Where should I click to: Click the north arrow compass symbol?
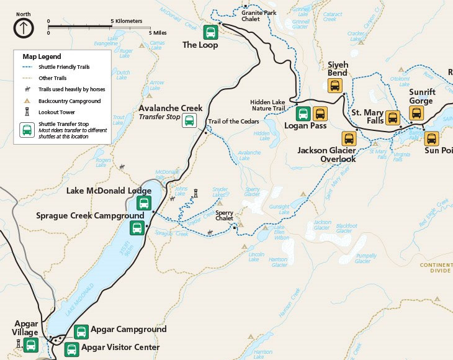(x=24, y=27)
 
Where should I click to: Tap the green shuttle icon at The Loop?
(x=210, y=32)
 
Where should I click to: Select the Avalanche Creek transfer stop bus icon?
(x=189, y=120)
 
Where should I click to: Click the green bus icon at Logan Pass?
(x=303, y=114)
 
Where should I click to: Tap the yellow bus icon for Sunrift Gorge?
(x=416, y=113)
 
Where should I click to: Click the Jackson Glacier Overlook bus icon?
(x=349, y=138)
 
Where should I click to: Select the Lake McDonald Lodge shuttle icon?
(x=143, y=203)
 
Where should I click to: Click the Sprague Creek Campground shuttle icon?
(x=137, y=227)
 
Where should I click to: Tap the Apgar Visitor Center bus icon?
(x=71, y=349)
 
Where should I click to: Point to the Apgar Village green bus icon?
(x=30, y=345)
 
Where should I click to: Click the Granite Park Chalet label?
(x=259, y=16)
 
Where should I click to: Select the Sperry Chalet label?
(x=224, y=215)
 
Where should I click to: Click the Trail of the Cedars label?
(x=232, y=121)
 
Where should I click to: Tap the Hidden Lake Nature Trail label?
(x=267, y=105)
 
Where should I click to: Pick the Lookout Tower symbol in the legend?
(x=27, y=112)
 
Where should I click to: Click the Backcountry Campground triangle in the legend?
(x=27, y=101)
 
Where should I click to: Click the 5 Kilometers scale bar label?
(x=127, y=21)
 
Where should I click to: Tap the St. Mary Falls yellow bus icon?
(x=392, y=117)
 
